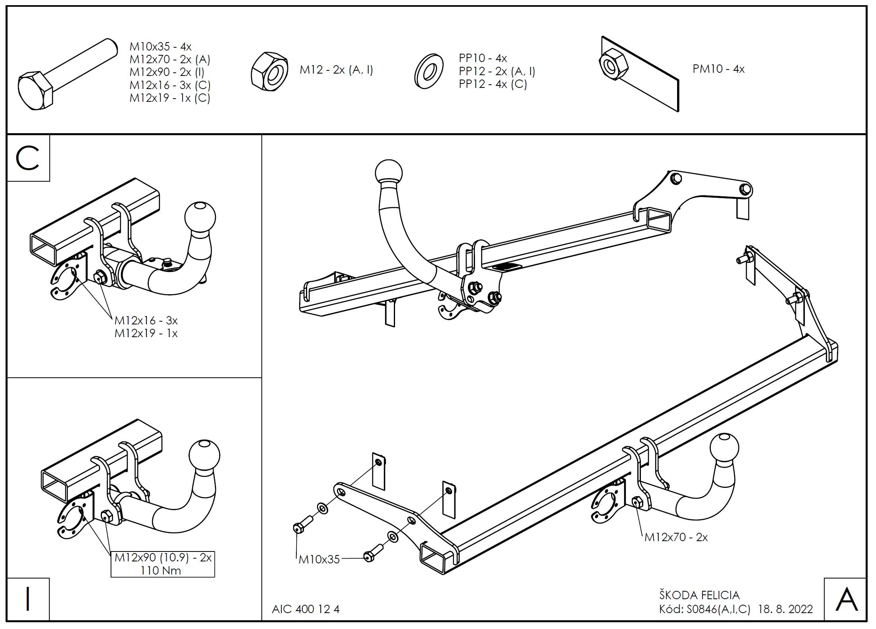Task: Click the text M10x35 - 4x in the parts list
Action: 160,47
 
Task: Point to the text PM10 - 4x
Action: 718,69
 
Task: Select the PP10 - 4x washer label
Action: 483,58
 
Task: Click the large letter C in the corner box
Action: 28,158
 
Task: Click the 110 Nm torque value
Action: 161,571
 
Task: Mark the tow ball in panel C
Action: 200,217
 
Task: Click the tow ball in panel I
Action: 204,454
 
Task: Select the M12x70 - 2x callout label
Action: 676,537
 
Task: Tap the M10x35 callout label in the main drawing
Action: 319,559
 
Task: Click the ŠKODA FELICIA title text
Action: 699,595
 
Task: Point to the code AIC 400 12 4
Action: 306,609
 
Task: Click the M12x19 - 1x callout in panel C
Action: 146,333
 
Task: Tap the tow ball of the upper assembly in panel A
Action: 388,173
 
